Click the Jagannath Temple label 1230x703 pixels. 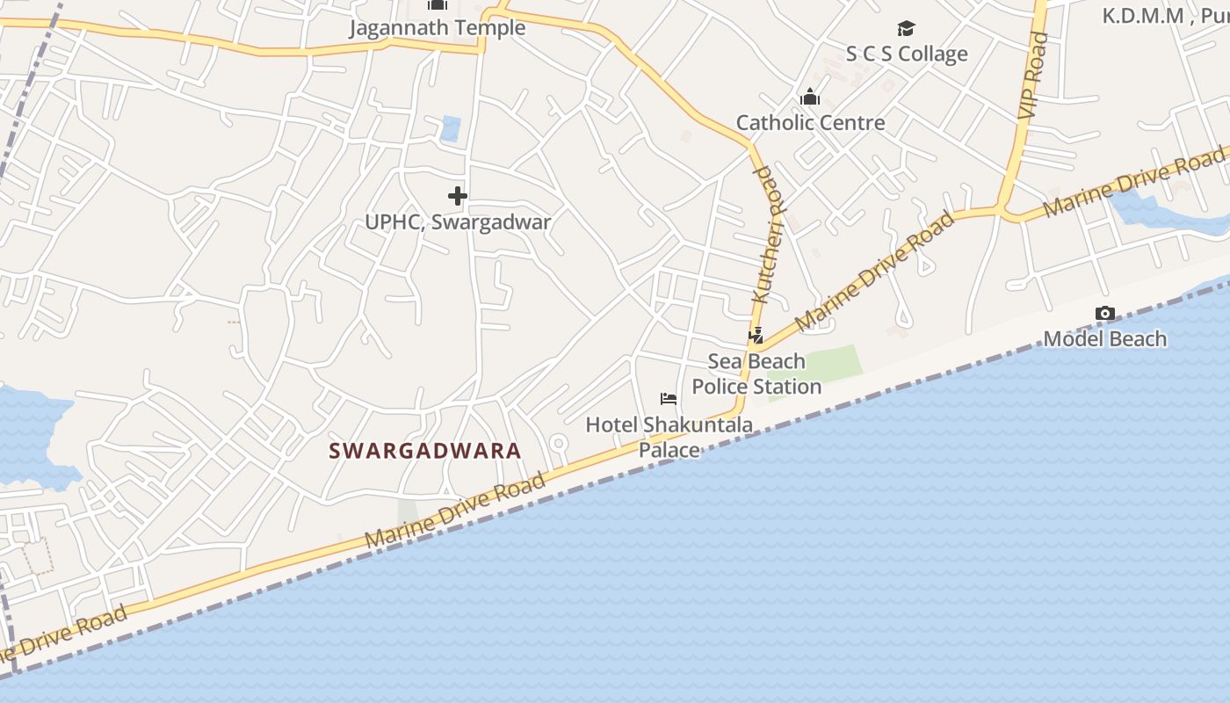pyautogui.click(x=438, y=28)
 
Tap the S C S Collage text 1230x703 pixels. pyautogui.click(x=907, y=54)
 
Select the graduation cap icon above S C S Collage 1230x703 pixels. pyautogui.click(x=906, y=29)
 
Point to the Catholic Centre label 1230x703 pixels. pyautogui.click(x=810, y=122)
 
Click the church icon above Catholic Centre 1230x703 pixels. pyautogui.click(x=810, y=97)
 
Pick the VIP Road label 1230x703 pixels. pyautogui.click(x=1034, y=76)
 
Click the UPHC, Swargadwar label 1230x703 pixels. pyautogui.click(x=458, y=221)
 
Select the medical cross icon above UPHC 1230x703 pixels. pyautogui.click(x=457, y=196)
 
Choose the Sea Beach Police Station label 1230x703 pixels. pyautogui.click(x=756, y=373)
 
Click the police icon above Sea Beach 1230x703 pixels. pyautogui.click(x=756, y=335)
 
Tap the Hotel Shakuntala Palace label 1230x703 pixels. pyautogui.click(x=669, y=437)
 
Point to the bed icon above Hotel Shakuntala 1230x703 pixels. pyautogui.click(x=669, y=399)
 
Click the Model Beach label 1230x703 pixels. pyautogui.click(x=1104, y=338)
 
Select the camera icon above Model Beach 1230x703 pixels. pyautogui.click(x=1105, y=313)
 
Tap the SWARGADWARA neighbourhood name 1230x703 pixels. pyautogui.click(x=425, y=451)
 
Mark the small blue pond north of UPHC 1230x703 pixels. pyautogui.click(x=451, y=128)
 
